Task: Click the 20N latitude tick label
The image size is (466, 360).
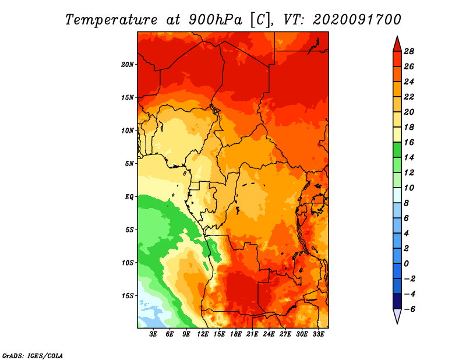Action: point(128,65)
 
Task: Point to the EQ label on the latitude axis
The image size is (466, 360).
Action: point(129,197)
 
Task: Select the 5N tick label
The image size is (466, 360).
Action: point(129,164)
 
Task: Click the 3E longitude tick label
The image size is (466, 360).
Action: point(153,334)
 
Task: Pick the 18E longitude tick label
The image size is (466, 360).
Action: point(236,334)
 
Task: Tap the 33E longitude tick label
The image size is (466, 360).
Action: point(318,334)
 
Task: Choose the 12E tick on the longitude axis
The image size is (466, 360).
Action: point(203,334)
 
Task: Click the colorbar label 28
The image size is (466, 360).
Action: point(409,51)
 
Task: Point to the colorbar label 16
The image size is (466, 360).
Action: point(409,142)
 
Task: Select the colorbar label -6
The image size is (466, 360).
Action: point(409,309)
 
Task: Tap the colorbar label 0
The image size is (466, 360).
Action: point(406,264)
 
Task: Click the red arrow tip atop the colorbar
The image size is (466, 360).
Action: point(397,37)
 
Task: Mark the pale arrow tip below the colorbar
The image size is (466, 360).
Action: point(397,323)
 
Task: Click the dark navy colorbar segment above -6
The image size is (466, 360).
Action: point(397,301)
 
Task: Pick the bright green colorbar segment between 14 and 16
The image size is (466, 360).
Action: point(397,150)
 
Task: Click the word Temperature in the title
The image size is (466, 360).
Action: point(111,20)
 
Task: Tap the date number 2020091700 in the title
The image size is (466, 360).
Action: point(357,20)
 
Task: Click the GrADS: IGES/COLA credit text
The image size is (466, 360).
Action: point(33,356)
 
